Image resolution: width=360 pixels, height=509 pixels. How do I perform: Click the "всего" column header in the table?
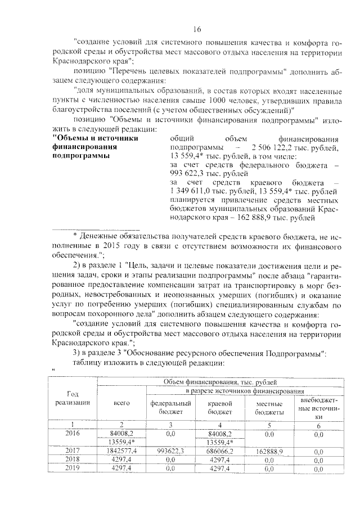click(x=122, y=403)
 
